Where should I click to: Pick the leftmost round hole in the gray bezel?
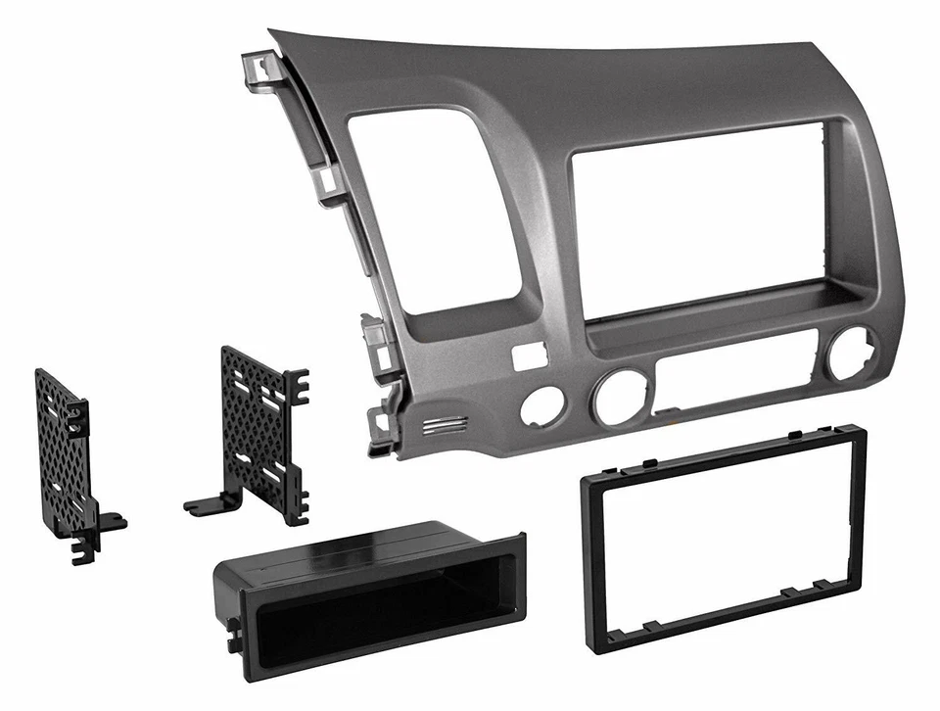[540, 405]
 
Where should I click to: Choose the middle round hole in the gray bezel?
[615, 397]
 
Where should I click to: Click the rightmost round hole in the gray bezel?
[850, 354]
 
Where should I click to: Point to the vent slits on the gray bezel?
[446, 425]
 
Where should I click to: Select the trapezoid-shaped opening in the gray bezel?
[431, 211]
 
